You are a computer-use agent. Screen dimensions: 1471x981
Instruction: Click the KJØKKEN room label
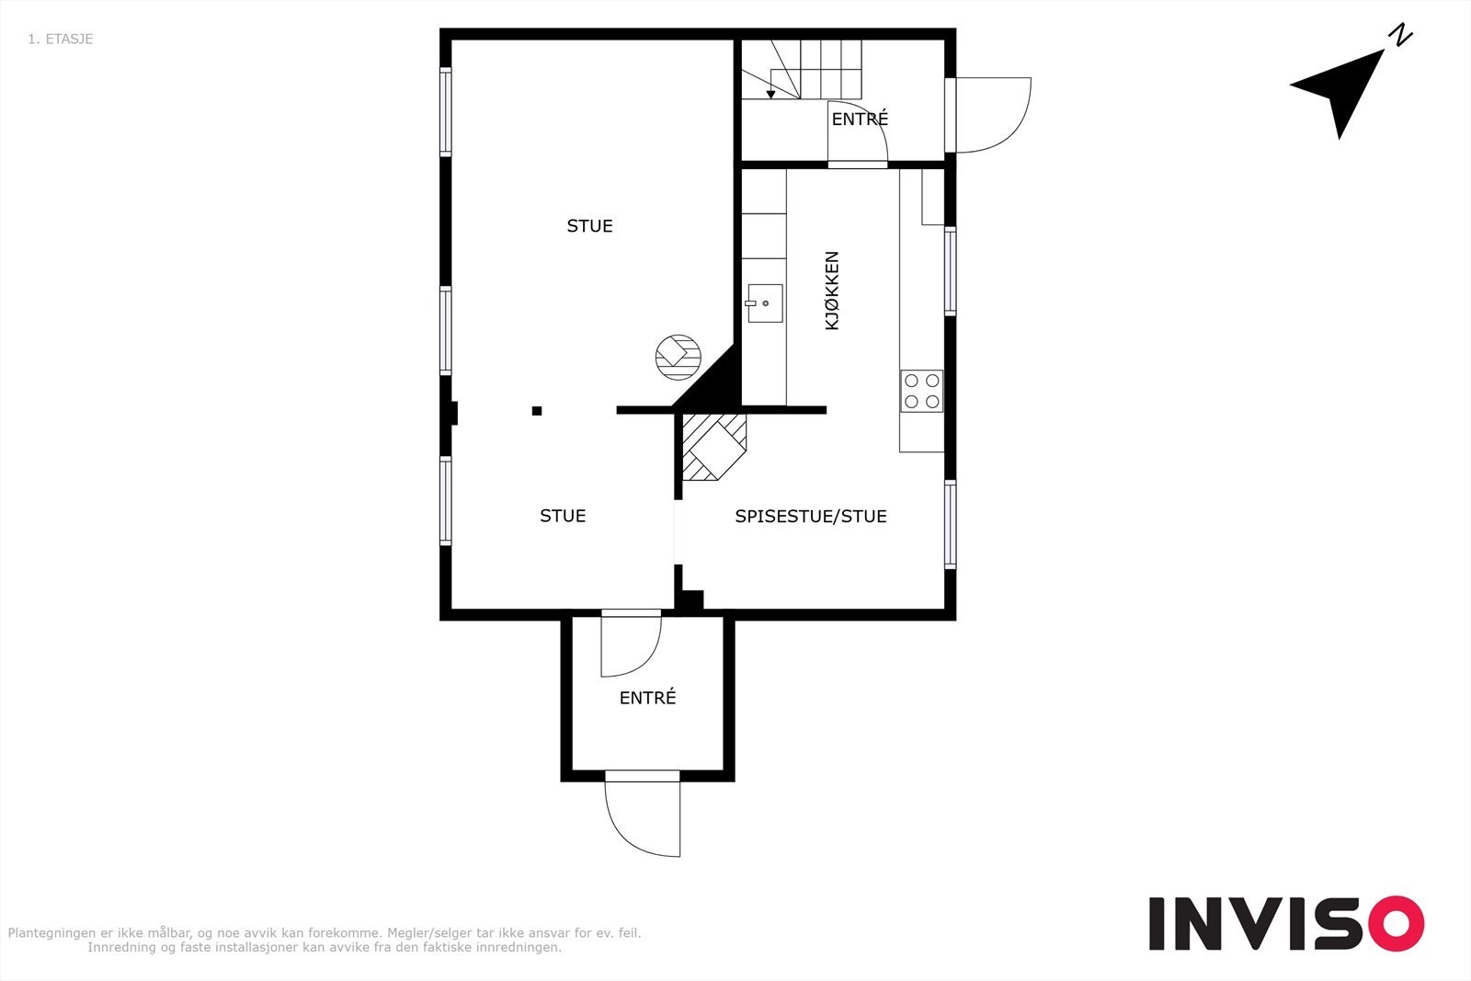[831, 291]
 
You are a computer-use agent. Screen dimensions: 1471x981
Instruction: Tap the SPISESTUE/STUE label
[810, 516]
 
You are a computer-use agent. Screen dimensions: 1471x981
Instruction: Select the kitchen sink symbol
[765, 303]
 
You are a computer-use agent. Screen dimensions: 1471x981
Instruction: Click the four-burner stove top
[921, 391]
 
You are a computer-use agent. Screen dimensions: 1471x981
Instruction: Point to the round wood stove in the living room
[678, 358]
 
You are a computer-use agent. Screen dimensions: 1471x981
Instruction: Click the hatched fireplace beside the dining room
[713, 447]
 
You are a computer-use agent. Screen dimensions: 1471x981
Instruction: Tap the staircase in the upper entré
[802, 69]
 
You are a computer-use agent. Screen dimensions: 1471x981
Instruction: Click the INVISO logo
[1286, 923]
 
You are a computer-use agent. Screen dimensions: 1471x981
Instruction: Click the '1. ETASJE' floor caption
[61, 39]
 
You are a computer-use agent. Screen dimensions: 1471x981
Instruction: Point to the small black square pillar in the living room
[537, 411]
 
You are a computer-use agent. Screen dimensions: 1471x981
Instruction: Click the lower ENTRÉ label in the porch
[647, 697]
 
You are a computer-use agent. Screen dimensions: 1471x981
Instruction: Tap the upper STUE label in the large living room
[589, 226]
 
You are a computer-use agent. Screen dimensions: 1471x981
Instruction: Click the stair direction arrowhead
[771, 95]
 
